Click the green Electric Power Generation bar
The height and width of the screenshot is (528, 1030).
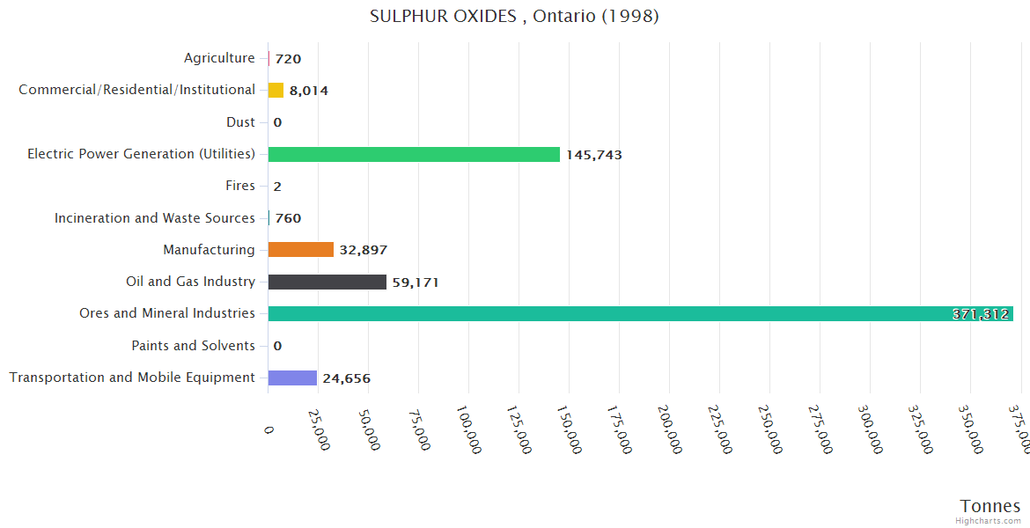[414, 154]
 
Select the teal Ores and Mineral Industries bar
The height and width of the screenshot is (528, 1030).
[640, 313]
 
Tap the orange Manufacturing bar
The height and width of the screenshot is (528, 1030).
[301, 250]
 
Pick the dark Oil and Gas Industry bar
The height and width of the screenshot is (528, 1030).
[327, 282]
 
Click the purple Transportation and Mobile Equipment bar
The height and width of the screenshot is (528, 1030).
[292, 378]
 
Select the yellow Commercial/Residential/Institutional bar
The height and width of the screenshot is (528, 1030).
[276, 90]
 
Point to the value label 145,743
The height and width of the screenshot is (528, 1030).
[594, 155]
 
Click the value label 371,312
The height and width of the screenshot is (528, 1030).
[981, 314]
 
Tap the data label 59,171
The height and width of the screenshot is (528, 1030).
[416, 282]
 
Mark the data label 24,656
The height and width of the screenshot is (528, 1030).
[346, 378]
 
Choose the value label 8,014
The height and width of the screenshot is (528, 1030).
[308, 91]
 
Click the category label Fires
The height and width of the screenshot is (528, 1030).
[240, 186]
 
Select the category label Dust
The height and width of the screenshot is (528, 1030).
[240, 122]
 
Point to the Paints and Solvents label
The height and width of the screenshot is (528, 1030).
[194, 346]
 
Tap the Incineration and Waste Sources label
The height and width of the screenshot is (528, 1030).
[155, 218]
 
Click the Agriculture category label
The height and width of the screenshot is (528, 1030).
[219, 58]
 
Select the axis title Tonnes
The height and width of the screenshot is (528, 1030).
[990, 506]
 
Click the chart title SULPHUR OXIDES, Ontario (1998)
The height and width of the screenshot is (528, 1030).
[514, 16]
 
